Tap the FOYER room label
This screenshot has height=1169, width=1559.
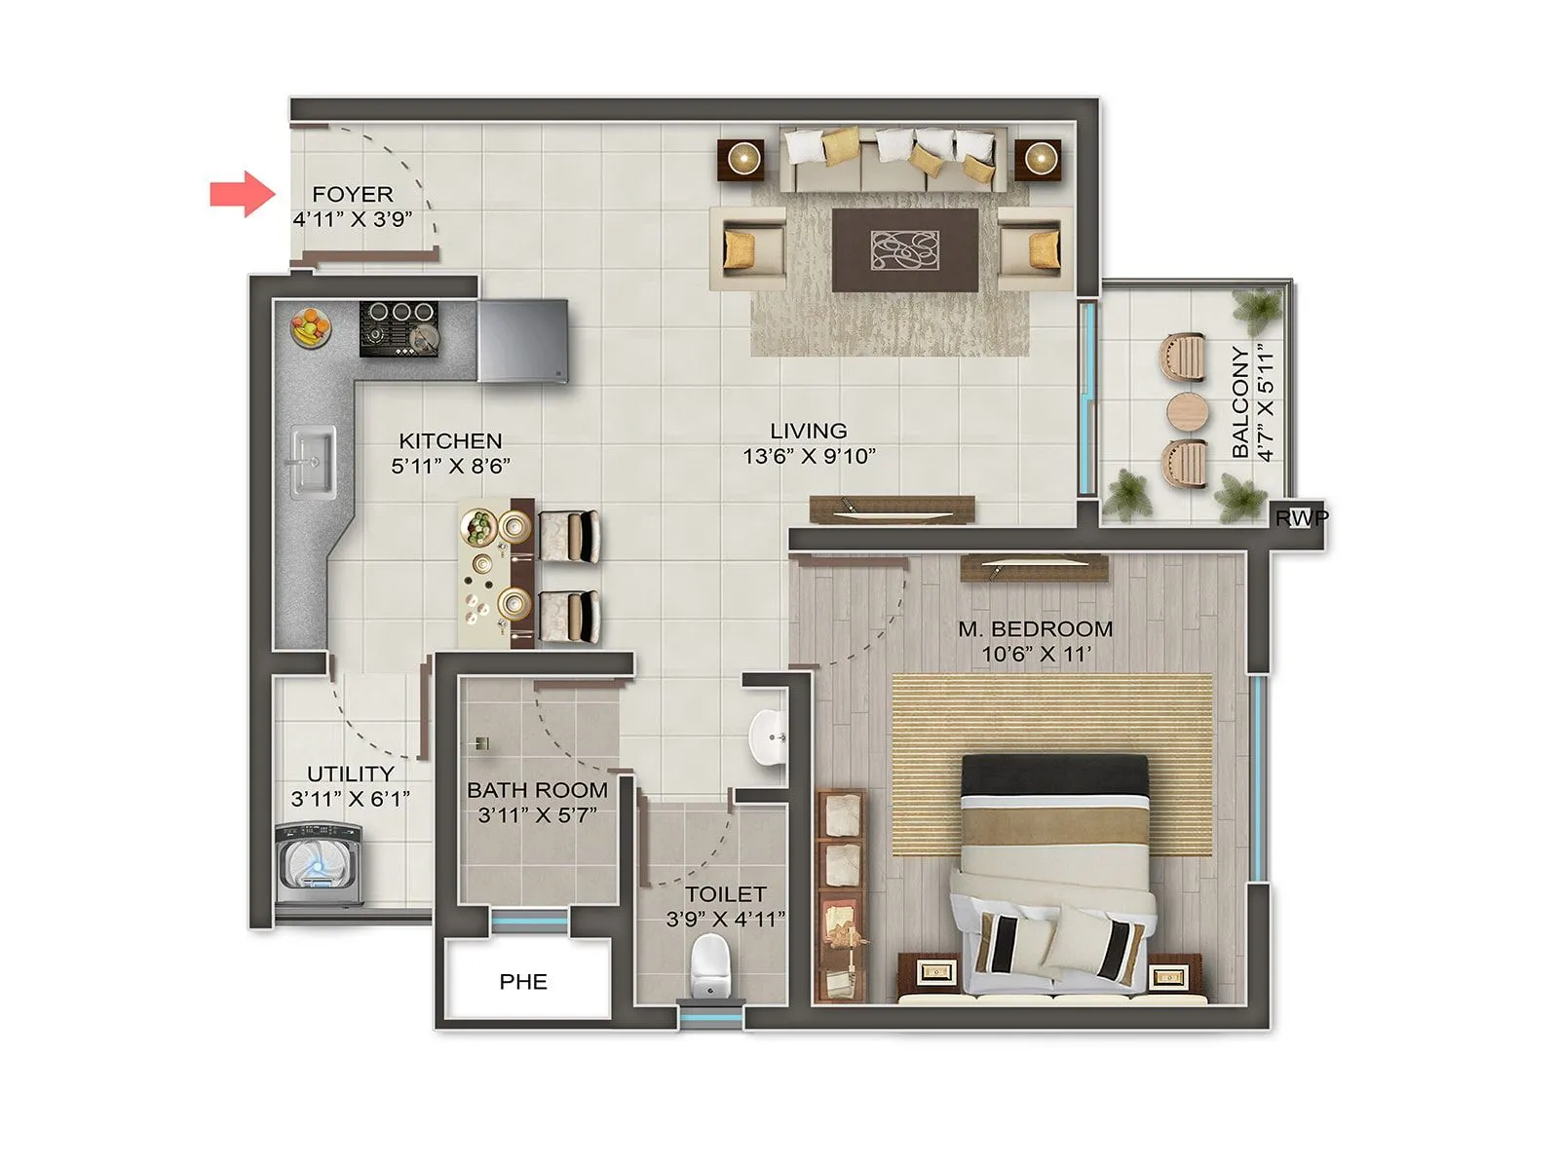352,194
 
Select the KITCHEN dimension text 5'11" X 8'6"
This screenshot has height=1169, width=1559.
450,467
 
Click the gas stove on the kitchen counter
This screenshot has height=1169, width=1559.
399,328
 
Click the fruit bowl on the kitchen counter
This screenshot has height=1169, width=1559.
310,326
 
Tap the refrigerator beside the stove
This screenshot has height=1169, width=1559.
522,340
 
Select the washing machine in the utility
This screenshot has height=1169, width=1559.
319,865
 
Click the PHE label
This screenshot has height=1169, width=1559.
523,982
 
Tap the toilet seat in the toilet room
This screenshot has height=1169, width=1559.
708,964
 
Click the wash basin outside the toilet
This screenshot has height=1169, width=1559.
768,736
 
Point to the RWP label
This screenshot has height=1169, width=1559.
1301,518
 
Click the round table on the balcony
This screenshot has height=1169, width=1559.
1187,412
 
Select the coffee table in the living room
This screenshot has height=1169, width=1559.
905,249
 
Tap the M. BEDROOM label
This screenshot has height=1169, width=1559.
1035,629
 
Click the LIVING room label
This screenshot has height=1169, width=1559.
808,431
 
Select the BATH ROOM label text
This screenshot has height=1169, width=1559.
537,790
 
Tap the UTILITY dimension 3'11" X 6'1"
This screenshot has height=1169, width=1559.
350,800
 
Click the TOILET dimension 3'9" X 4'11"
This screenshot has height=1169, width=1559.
725,920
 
